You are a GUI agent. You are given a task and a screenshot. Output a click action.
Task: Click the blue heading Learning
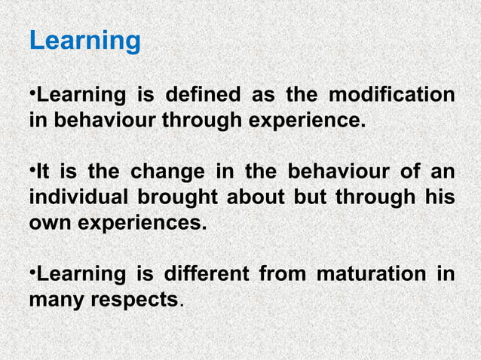coord(84,41)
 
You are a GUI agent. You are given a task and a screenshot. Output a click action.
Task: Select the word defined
coord(202,96)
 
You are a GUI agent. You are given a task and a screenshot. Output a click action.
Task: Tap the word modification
coord(391,96)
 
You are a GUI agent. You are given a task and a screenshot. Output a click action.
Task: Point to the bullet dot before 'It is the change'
coord(32,170)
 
